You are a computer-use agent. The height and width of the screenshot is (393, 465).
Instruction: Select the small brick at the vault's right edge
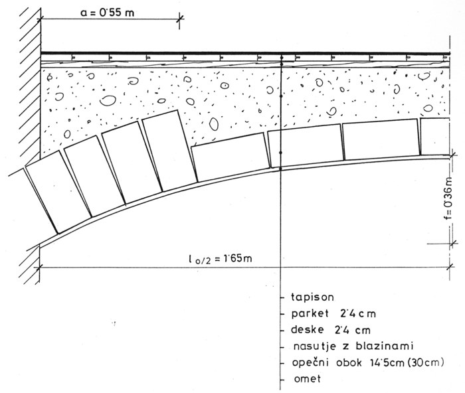[x=436, y=137]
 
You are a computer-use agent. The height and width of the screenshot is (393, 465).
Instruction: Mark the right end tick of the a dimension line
[x=179, y=20]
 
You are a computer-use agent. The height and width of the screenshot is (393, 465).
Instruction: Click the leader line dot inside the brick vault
[x=282, y=153]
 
